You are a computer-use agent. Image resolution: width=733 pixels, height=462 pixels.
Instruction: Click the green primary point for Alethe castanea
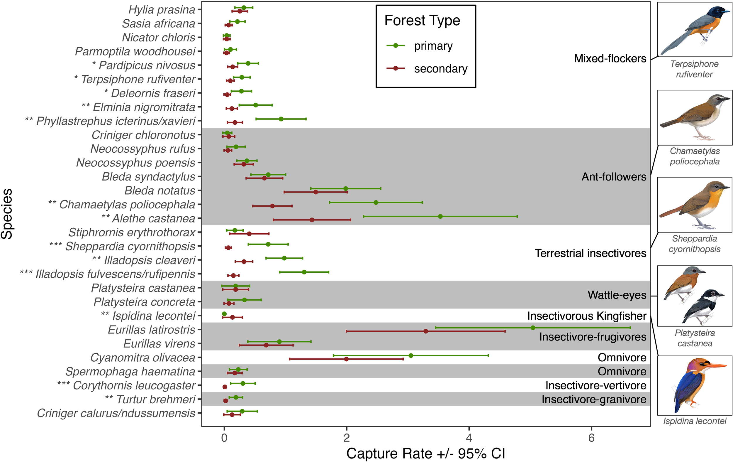[440, 216]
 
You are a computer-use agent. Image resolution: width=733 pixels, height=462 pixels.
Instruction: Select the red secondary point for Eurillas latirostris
[425, 331]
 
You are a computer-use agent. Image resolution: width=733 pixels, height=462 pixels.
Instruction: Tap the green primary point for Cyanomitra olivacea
[411, 356]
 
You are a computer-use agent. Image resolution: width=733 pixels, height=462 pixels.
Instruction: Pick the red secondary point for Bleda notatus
[316, 192]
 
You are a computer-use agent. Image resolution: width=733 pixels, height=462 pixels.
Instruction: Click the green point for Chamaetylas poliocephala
[376, 202]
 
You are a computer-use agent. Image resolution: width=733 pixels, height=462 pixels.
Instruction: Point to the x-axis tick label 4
[469, 438]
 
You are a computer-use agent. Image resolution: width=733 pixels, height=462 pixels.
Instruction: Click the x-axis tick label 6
[591, 438]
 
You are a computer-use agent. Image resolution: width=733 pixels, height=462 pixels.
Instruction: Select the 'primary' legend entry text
[433, 46]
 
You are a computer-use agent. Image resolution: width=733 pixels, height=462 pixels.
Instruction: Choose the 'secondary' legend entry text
[440, 69]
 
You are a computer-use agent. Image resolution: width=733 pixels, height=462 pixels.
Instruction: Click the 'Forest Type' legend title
[422, 21]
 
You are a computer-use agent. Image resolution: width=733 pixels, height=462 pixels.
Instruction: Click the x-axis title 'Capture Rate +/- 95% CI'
[425, 453]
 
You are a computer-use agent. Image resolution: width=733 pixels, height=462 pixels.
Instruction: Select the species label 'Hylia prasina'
[162, 9]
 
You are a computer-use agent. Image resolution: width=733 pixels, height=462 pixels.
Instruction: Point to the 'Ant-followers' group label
[614, 177]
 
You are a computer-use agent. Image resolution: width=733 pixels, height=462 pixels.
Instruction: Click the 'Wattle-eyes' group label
[617, 295]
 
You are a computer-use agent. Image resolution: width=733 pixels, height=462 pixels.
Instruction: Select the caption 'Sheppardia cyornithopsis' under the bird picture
[694, 244]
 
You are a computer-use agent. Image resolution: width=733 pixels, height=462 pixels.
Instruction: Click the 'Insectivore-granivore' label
[594, 399]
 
